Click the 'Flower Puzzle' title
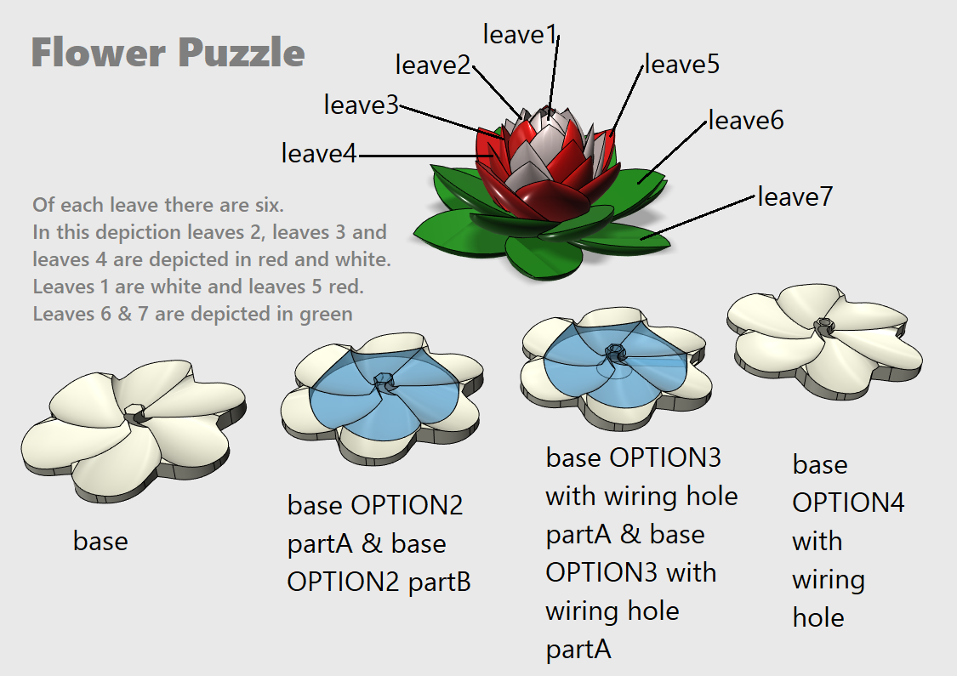click(x=168, y=53)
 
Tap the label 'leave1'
click(x=520, y=34)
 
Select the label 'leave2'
click(x=432, y=64)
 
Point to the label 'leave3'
click(x=361, y=105)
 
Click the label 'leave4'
click(x=319, y=153)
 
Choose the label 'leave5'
click(x=682, y=63)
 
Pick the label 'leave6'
click(x=746, y=120)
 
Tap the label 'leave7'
click(x=795, y=196)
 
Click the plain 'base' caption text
click(x=100, y=541)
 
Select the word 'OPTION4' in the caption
click(x=848, y=503)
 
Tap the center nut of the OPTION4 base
click(x=823, y=324)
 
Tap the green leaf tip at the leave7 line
click(x=647, y=239)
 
